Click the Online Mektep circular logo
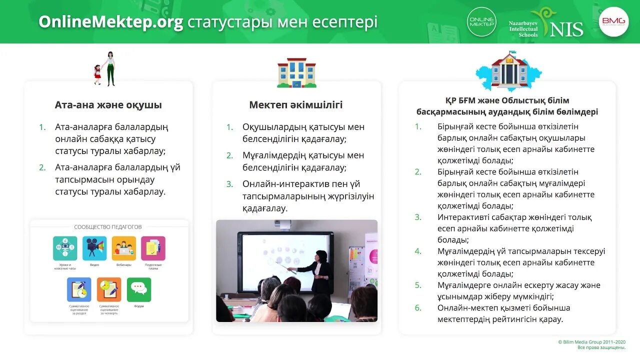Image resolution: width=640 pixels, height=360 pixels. pos(481,21)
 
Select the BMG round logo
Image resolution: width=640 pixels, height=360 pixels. pos(613,21)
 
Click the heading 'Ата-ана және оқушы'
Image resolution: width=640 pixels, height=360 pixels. pos(108,105)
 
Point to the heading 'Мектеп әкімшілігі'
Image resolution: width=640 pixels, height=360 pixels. pos(295,105)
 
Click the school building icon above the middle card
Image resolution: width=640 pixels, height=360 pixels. pos(296,73)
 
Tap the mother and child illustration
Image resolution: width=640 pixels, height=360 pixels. pos(105,68)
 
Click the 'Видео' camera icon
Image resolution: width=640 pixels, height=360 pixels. pos(94,248)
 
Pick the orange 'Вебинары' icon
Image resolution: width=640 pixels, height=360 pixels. pos(123,248)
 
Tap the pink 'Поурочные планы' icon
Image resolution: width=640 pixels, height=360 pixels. pos(153,248)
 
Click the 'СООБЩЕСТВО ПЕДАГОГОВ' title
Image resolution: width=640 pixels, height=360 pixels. pos(108,227)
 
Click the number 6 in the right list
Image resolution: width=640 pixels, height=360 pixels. pos(418,308)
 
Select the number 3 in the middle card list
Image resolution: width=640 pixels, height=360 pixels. pos(229,184)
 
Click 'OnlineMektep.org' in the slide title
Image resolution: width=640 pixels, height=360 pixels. pos(111,22)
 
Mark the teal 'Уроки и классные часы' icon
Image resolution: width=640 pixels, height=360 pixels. pos(65,248)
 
